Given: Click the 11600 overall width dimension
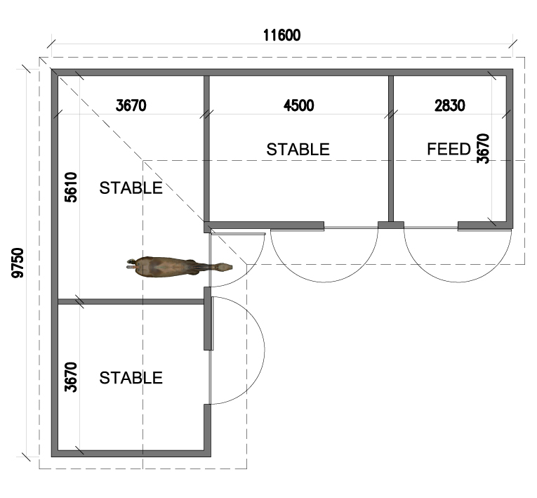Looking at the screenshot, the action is (281, 35).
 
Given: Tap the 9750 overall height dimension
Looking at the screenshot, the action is (18, 263).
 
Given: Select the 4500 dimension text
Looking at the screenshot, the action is (298, 105).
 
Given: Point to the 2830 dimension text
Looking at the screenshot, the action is (450, 105).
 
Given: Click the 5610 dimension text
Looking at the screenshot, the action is (71, 187).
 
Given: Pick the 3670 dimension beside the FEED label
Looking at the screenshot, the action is (483, 148).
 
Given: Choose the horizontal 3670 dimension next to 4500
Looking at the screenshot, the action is (131, 105).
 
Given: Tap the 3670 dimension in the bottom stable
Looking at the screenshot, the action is (71, 377).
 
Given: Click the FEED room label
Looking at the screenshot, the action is (449, 149).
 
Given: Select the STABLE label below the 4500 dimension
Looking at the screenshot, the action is (298, 150).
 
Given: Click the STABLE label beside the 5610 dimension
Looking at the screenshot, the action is (131, 188).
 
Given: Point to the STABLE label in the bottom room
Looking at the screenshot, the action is (131, 378).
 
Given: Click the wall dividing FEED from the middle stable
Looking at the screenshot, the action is (391, 149).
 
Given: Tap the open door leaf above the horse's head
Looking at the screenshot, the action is (239, 234).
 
